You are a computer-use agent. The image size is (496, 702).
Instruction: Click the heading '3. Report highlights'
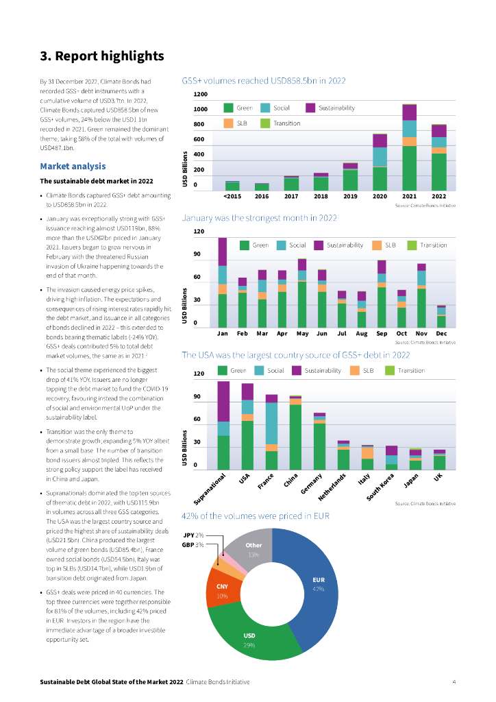(101, 56)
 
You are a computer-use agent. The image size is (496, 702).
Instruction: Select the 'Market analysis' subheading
(73, 166)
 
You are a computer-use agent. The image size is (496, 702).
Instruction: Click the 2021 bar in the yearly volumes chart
(410, 147)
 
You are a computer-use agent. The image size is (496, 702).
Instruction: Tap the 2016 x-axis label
(262, 196)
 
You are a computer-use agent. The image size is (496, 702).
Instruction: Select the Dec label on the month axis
(441, 333)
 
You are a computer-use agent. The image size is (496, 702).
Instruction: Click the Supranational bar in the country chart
(223, 425)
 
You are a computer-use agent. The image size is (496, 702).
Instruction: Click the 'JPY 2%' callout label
(194, 535)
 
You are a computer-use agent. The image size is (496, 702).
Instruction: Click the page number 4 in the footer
(454, 682)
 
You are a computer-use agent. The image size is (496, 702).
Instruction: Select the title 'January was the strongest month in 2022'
(259, 218)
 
